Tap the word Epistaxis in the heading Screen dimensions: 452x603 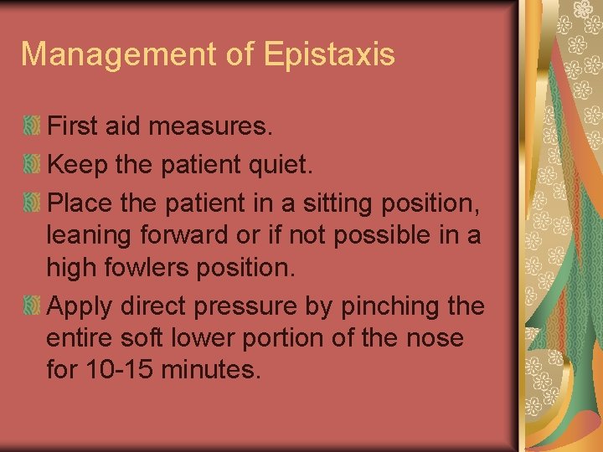328,54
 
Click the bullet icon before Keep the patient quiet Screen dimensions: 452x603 32,164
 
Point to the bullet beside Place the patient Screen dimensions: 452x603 32,201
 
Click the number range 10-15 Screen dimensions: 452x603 116,369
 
